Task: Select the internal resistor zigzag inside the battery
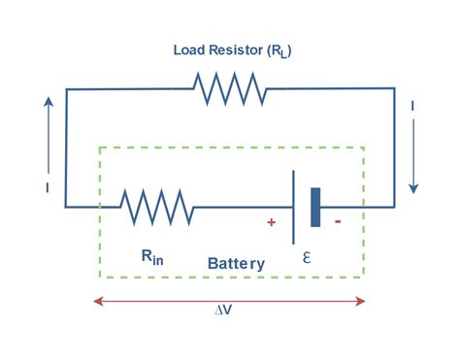pyautogui.click(x=156, y=207)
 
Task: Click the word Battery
pyautogui.click(x=236, y=263)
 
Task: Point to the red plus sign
pyautogui.click(x=271, y=222)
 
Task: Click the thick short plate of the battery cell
pyautogui.click(x=315, y=207)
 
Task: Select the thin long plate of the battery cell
pyautogui.click(x=294, y=207)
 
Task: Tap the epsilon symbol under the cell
pyautogui.click(x=307, y=258)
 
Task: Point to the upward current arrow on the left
pyautogui.click(x=46, y=121)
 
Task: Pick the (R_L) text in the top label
pyautogui.click(x=276, y=50)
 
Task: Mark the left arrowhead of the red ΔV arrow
pyautogui.click(x=97, y=302)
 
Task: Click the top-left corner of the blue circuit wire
pyautogui.click(x=66, y=89)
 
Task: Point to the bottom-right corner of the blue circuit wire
pyautogui.click(x=394, y=207)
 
